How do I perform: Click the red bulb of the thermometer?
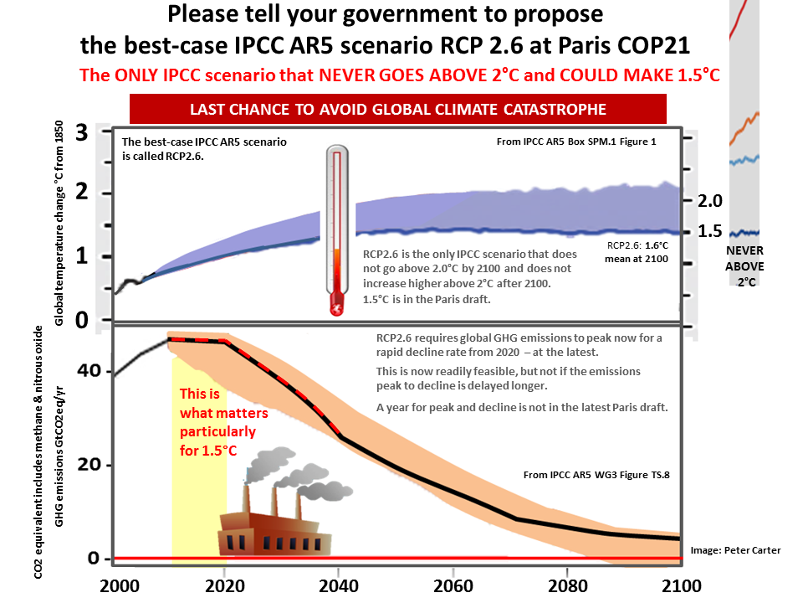coord(337,303)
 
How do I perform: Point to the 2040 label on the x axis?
coord(338,586)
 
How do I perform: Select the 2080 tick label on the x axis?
coord(567,586)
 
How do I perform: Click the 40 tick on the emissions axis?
coord(90,370)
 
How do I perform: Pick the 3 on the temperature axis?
coord(82,133)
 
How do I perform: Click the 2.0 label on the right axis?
coord(710,201)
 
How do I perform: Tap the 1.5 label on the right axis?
coord(710,231)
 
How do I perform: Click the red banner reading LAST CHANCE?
coord(398,109)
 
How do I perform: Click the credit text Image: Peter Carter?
coord(735,550)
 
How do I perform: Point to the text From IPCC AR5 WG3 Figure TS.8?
coord(596,475)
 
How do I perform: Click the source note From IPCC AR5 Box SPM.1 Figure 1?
coord(576,142)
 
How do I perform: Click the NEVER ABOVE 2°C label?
coord(744,266)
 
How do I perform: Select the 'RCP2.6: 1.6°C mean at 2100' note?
coord(637,252)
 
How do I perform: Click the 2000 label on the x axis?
coord(120,586)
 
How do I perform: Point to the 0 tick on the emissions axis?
coord(93,558)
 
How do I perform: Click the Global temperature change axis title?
coord(59,223)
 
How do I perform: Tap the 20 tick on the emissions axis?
coord(90,464)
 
